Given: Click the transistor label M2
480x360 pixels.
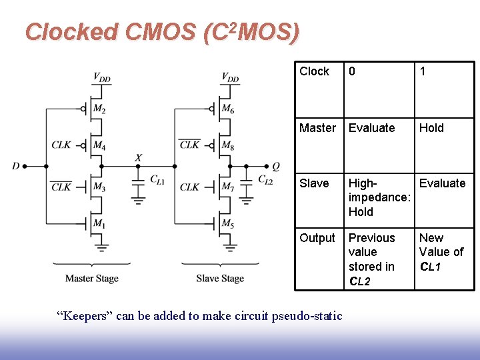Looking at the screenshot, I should [x=99, y=109].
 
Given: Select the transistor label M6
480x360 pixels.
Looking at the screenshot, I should [x=227, y=109].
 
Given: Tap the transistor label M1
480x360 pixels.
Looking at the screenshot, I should [x=99, y=224].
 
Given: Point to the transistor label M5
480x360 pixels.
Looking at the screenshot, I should [x=227, y=224].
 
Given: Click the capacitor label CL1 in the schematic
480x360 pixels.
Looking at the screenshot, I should [x=157, y=179].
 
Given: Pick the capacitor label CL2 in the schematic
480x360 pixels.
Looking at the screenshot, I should [x=265, y=179].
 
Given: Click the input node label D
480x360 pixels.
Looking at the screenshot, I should [x=15, y=165].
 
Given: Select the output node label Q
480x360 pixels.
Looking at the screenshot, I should [x=276, y=165].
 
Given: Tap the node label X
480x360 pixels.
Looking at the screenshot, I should [x=138, y=157].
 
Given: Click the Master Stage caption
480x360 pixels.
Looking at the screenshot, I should [x=92, y=279].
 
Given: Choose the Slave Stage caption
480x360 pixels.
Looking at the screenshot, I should [x=220, y=279].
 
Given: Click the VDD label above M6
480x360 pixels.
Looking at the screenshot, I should [x=231, y=78].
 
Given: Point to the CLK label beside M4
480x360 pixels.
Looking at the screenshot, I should [x=61, y=144].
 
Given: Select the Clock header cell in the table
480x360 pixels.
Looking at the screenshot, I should [x=315, y=71].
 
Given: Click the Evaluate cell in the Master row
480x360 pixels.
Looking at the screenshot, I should [x=371, y=127].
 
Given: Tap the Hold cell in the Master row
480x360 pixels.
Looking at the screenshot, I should [x=431, y=127].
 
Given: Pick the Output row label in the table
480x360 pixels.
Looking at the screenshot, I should [x=317, y=238].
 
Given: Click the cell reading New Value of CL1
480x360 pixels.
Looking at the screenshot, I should [x=441, y=252].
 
